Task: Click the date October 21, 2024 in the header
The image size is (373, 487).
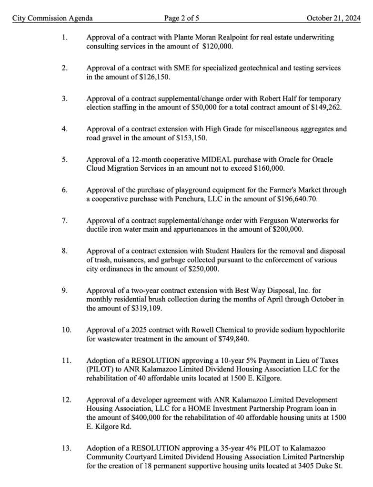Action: click(333, 19)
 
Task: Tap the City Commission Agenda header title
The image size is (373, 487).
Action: click(52, 19)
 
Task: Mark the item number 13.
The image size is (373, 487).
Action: click(66, 448)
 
